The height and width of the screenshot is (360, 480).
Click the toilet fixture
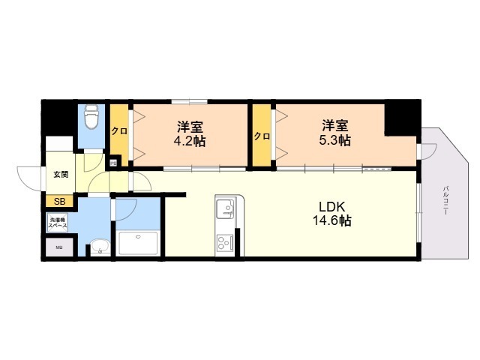pyautogui.click(x=91, y=118)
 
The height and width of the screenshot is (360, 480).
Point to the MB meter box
pyautogui.click(x=59, y=247)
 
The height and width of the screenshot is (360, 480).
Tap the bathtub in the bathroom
pyautogui.click(x=138, y=243)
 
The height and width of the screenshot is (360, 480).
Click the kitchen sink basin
pyautogui.click(x=226, y=207)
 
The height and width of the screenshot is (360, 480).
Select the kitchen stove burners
pyautogui.click(x=225, y=241)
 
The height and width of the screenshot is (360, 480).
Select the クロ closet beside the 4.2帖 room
pyautogui.click(x=118, y=131)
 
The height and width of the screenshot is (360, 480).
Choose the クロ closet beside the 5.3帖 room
pyautogui.click(x=261, y=136)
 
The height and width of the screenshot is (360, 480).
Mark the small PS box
pyautogui.click(x=113, y=162)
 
